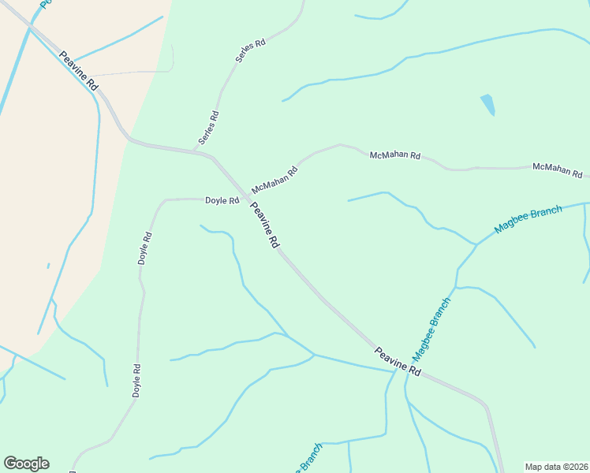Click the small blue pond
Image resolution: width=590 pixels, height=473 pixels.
coord(488,105)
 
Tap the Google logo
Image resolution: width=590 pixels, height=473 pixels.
coord(26,464)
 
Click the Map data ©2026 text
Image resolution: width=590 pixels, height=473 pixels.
coord(556,467)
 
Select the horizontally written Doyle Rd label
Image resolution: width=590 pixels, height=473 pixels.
coord(222,201)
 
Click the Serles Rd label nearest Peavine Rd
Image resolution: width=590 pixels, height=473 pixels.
coord(208,127)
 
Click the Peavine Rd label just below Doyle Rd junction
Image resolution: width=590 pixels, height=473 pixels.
coord(265,225)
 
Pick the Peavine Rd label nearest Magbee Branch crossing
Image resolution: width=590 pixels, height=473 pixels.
coord(398,361)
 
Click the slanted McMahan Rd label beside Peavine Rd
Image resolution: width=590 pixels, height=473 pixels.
coord(274,181)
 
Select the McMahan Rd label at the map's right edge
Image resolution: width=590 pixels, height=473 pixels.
coord(557,169)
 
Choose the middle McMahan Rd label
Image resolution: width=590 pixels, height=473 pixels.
coord(395,155)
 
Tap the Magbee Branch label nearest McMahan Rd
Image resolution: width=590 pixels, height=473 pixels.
coord(528,219)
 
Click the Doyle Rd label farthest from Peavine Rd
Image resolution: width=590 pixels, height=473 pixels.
coord(136,380)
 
